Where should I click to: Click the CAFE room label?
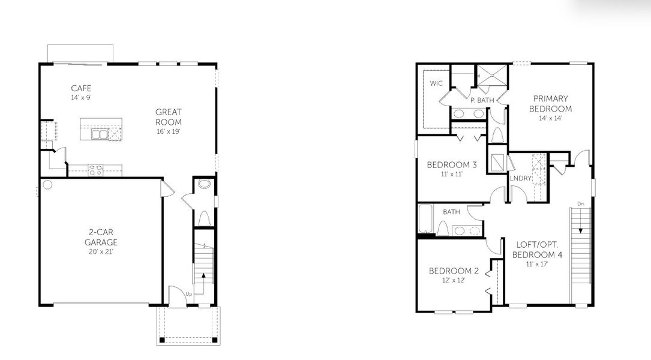(81, 88)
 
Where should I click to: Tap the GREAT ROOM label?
(169, 116)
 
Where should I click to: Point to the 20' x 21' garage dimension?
(101, 251)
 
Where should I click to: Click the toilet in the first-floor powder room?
(203, 218)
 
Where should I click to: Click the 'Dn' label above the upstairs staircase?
(580, 204)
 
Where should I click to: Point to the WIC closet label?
(436, 83)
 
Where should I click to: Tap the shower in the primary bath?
(491, 76)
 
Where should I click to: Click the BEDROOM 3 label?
(452, 164)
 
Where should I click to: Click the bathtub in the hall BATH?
(425, 220)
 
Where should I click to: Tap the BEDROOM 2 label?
(452, 271)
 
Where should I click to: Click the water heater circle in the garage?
(47, 185)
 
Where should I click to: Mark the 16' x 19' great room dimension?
(169, 131)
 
